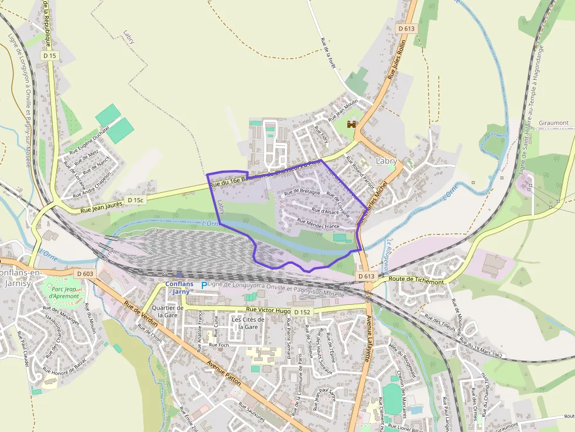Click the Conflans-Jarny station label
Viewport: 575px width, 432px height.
pyautogui.click(x=178, y=288)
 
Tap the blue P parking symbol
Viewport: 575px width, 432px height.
pyautogui.click(x=204, y=285)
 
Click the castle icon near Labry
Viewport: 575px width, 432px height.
pyautogui.click(x=352, y=124)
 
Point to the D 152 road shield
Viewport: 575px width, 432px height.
pyautogui.click(x=302, y=312)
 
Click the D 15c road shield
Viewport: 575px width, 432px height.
pyautogui.click(x=134, y=200)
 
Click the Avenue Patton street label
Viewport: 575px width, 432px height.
pyautogui.click(x=224, y=372)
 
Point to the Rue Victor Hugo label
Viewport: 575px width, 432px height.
pyautogui.click(x=268, y=309)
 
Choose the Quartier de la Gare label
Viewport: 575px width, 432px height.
pyautogui.click(x=164, y=311)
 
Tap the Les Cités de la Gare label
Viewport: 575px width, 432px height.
pyautogui.click(x=245, y=323)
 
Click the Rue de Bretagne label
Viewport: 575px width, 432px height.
pyautogui.click(x=302, y=192)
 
